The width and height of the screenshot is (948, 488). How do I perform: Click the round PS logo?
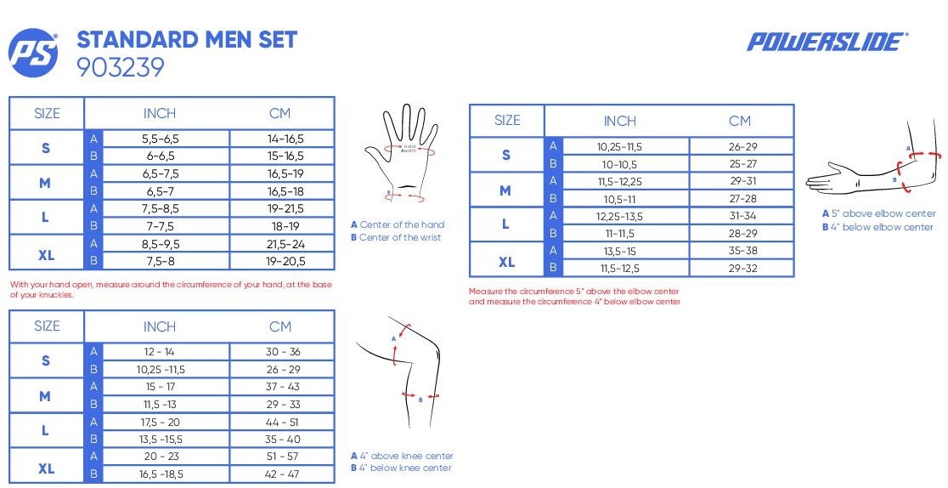click(x=33, y=53)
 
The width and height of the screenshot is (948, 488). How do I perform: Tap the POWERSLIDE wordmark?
click(x=827, y=42)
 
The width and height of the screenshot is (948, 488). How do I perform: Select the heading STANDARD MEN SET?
click(x=187, y=40)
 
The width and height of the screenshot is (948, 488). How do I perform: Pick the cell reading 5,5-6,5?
click(x=161, y=139)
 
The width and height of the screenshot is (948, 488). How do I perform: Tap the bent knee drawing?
click(x=399, y=372)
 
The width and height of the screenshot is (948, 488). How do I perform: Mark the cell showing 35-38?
click(x=742, y=251)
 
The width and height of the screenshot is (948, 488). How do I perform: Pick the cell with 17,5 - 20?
click(x=160, y=422)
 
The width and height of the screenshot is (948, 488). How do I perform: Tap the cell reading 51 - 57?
click(x=282, y=457)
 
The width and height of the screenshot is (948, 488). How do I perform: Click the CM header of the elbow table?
click(x=739, y=121)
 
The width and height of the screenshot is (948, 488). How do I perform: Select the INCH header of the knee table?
click(x=160, y=326)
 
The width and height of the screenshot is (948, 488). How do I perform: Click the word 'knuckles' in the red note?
click(x=54, y=295)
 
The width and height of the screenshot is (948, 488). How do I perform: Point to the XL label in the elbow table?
click(x=506, y=262)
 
